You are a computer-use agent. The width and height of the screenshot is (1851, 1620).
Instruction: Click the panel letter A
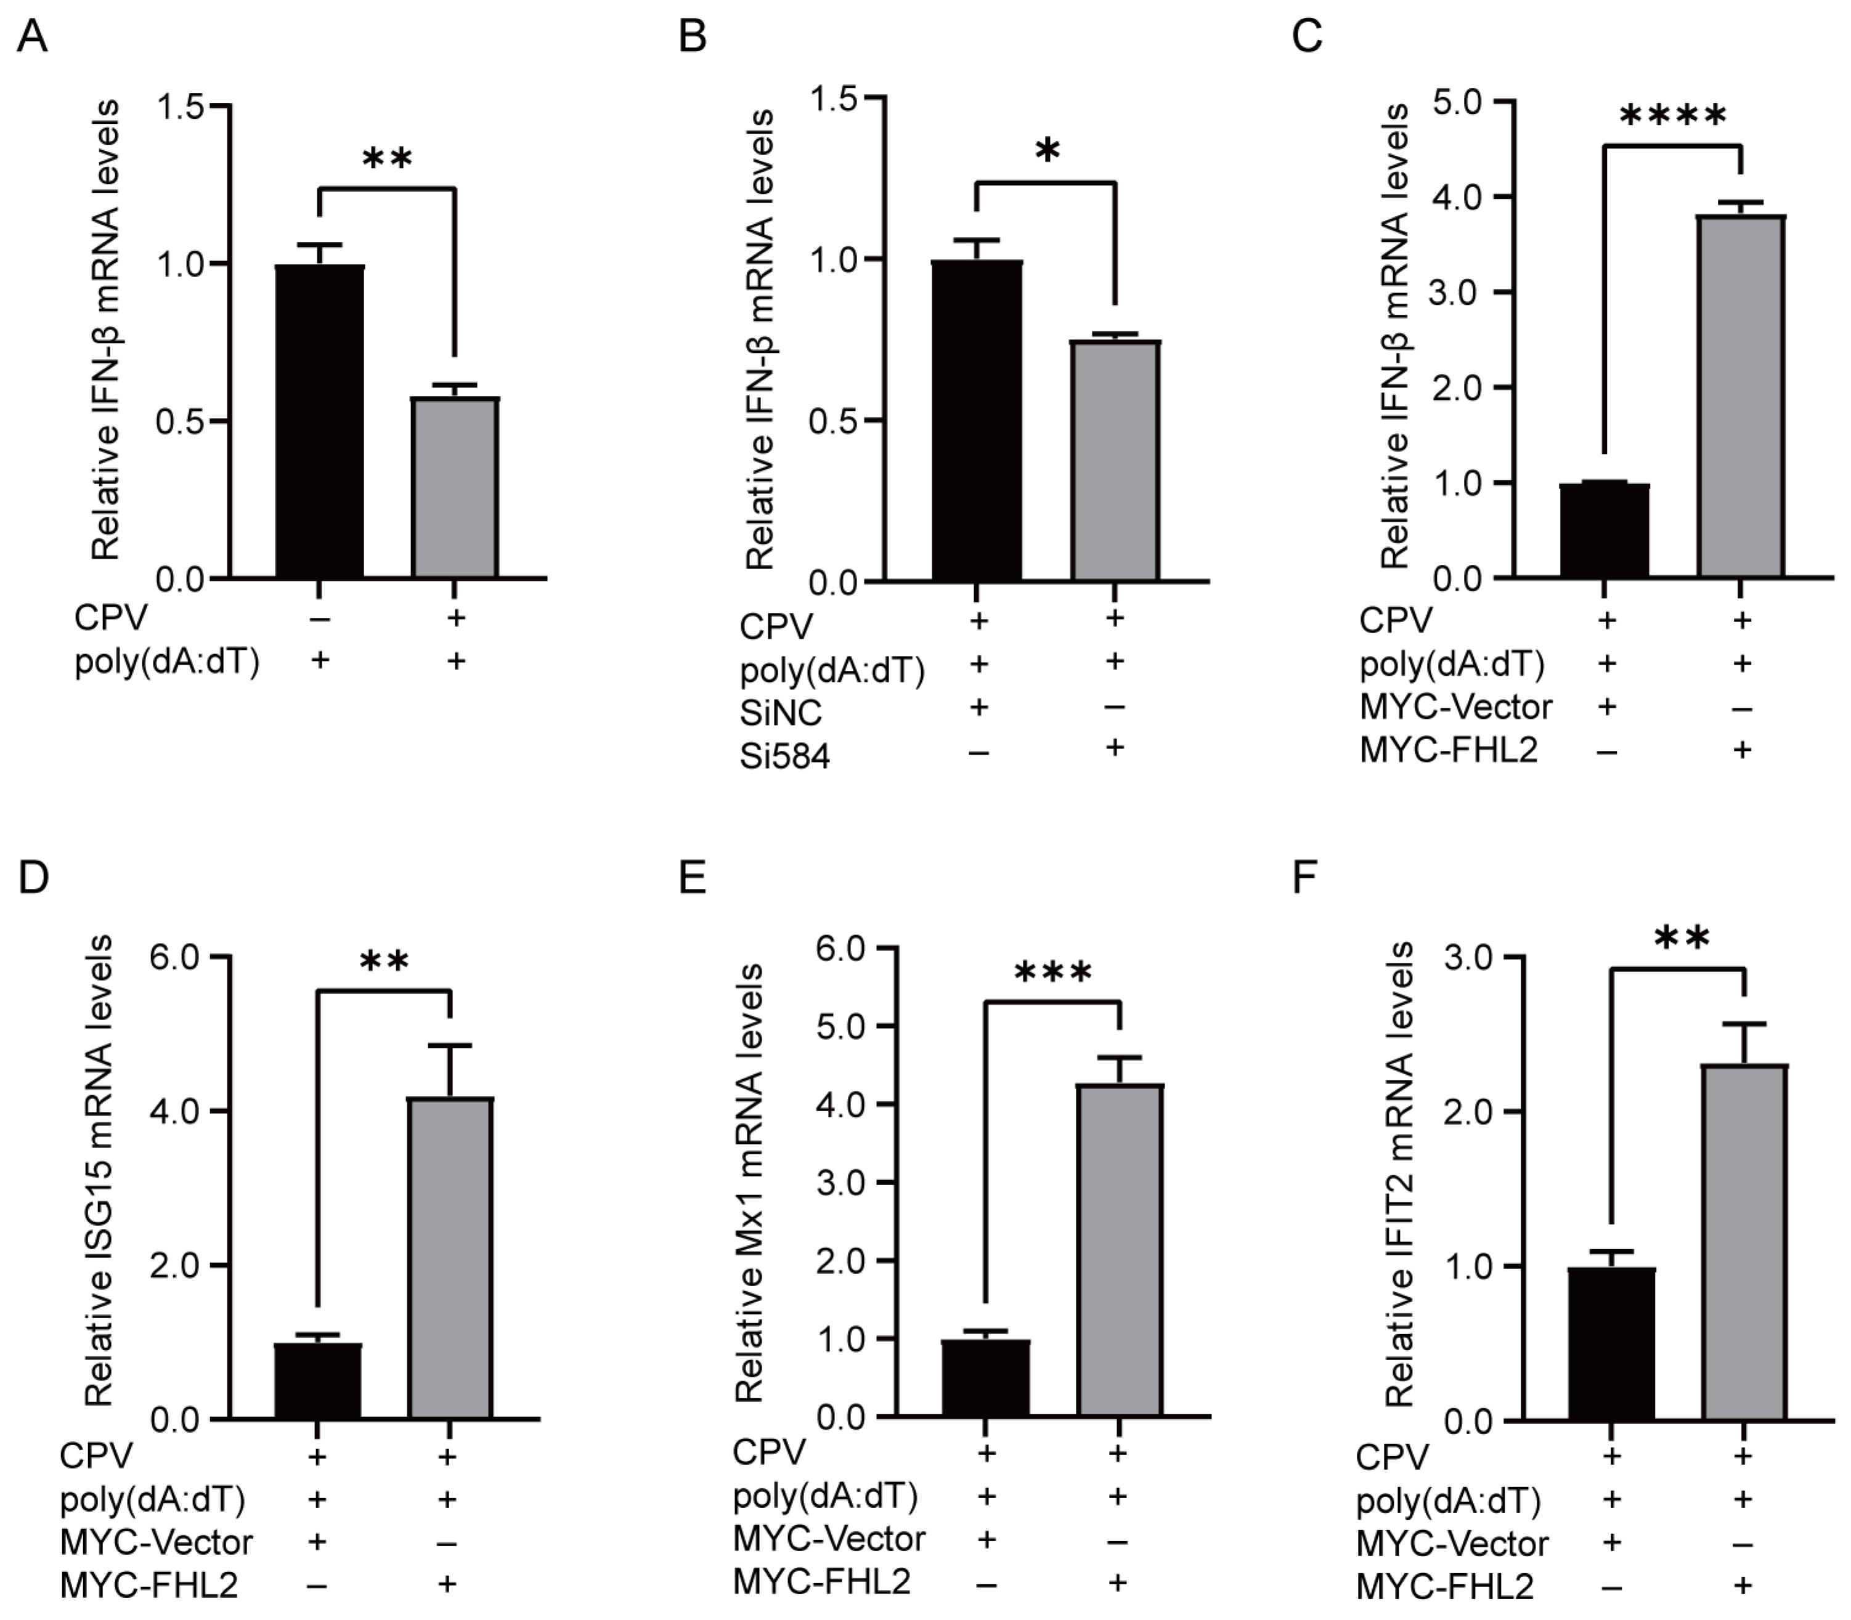pyautogui.click(x=33, y=38)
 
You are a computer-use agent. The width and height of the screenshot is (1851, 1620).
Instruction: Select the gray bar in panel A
pyautogui.click(x=455, y=488)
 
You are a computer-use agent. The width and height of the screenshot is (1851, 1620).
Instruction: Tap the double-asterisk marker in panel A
pyautogui.click(x=387, y=159)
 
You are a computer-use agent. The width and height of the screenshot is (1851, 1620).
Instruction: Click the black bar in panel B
pyautogui.click(x=977, y=420)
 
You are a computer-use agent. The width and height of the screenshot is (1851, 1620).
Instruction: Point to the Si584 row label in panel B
pyautogui.click(x=784, y=756)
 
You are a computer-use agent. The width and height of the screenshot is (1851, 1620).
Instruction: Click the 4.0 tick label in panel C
pyautogui.click(x=1458, y=197)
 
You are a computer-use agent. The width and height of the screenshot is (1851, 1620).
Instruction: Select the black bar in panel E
pyautogui.click(x=985, y=1379)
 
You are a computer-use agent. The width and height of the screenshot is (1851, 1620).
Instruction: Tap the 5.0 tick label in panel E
pyautogui.click(x=842, y=1026)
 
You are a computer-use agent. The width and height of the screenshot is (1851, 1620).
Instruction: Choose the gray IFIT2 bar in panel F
pyautogui.click(x=1744, y=1243)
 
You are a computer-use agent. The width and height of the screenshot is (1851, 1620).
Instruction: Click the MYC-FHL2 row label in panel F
pyautogui.click(x=1445, y=1587)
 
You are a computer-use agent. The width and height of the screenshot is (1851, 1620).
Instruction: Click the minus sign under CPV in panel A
pyautogui.click(x=319, y=619)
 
